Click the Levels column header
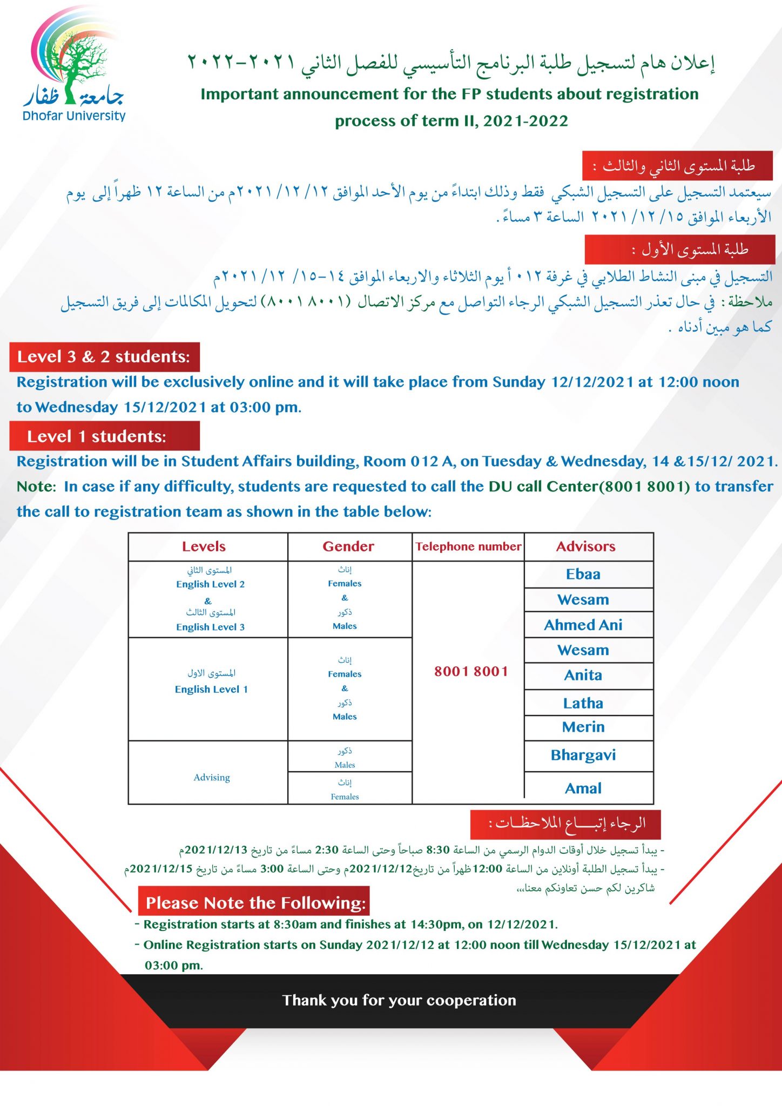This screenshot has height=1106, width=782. (204, 547)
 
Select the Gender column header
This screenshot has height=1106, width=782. (348, 547)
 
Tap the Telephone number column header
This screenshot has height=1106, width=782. (468, 547)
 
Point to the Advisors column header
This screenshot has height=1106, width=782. (585, 547)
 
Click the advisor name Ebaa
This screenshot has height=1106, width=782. (583, 574)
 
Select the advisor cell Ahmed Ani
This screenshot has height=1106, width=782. (583, 625)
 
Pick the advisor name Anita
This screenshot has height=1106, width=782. (583, 675)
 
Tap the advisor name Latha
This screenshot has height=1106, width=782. (583, 703)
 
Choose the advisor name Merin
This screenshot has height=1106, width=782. (583, 727)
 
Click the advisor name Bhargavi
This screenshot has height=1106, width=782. (583, 755)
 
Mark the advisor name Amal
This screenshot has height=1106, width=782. (583, 788)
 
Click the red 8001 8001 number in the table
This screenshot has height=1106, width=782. (471, 671)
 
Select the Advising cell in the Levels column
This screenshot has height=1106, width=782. (212, 777)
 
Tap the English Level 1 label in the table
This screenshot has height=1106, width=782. (211, 689)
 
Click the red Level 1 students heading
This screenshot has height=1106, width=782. (97, 436)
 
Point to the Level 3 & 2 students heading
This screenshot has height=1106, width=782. (104, 356)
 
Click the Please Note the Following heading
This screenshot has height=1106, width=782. (255, 903)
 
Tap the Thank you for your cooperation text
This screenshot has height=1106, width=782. (399, 1000)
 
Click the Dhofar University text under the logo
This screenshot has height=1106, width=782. (74, 116)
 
